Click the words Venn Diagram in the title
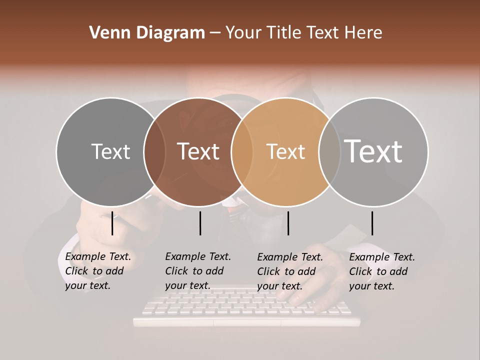click(147, 33)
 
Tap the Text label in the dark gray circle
click(110, 151)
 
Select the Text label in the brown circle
click(198, 151)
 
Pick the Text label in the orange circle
click(285, 151)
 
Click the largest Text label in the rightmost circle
click(373, 151)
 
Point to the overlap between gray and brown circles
click(154, 152)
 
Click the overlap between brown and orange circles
click(242, 152)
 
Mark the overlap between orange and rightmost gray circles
click(329, 152)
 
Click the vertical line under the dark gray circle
click(112, 223)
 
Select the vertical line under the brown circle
click(200, 223)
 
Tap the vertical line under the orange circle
click(288, 223)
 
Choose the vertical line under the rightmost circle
click(372, 223)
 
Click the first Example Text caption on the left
click(97, 271)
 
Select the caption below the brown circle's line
click(197, 271)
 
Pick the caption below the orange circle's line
click(289, 271)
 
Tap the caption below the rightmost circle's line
click(381, 271)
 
